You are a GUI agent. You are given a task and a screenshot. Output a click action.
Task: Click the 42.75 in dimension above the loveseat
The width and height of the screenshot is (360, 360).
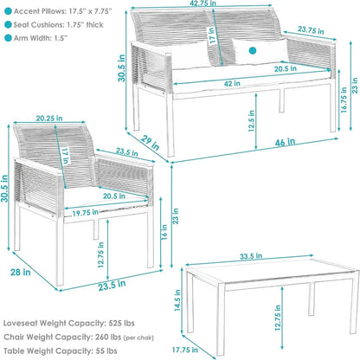pos(203,3)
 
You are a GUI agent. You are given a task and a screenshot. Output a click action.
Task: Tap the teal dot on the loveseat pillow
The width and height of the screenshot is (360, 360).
pos(253,51)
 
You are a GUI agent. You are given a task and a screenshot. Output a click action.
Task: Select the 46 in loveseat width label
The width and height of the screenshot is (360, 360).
pos(285,142)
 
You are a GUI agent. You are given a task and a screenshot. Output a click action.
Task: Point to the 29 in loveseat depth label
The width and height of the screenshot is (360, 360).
pos(151,143)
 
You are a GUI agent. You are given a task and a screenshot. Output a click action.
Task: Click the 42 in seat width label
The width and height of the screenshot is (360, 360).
pos(232,83)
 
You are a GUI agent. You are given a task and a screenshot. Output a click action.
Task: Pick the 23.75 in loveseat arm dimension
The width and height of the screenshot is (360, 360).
pos(311,30)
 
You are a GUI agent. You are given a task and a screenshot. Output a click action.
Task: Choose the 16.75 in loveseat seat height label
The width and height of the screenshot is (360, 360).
pos(344,100)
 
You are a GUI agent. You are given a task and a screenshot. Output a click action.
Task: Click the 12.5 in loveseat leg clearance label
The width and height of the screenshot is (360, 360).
pos(251,121)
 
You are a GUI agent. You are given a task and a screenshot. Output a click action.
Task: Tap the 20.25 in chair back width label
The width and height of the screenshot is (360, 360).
pos(49,119)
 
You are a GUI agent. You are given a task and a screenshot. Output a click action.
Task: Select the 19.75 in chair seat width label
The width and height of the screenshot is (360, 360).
pos(86,213)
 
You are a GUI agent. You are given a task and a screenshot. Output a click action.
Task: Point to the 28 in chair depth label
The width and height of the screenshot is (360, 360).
pos(21,272)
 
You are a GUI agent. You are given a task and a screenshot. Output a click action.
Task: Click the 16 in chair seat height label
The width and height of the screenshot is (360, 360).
pos(164,232)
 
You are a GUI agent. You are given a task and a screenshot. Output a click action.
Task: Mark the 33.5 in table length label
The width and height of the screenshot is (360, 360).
pos(251,256)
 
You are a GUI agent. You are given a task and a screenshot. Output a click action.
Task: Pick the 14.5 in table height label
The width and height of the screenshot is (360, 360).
pos(177,300)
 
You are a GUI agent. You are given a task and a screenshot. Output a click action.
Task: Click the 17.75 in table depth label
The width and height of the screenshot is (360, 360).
pos(185,350)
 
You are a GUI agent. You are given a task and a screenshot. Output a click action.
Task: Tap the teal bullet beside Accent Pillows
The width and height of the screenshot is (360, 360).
pos(8,11)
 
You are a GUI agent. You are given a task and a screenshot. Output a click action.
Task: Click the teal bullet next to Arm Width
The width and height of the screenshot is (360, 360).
pos(8,38)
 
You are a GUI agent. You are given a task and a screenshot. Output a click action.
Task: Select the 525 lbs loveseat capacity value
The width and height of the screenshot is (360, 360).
pos(121,323)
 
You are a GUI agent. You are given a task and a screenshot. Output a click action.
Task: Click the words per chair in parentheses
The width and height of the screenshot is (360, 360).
pos(138,337)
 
